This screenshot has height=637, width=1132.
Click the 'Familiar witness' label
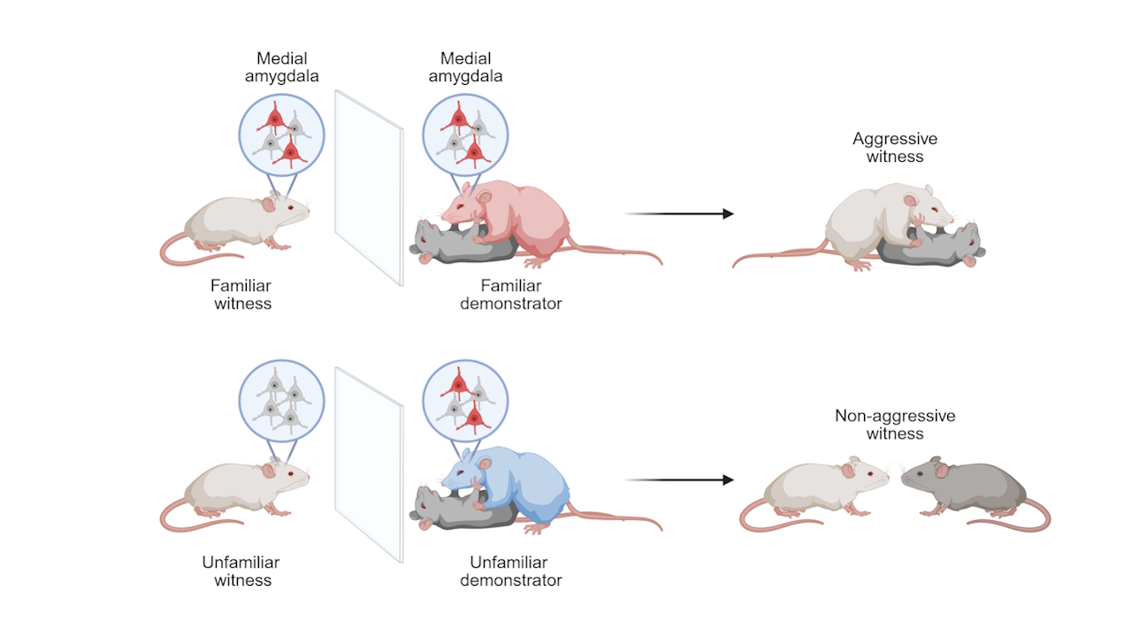click(x=241, y=295)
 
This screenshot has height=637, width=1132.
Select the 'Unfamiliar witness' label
click(x=241, y=572)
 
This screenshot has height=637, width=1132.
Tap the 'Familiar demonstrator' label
click(x=510, y=295)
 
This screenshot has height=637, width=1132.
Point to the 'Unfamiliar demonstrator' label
click(x=510, y=572)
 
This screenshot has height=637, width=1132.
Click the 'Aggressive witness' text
click(x=895, y=148)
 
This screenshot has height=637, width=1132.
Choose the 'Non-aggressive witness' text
click(x=895, y=425)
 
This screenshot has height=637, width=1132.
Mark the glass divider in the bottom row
click(x=369, y=464)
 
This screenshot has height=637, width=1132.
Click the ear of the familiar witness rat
click(x=268, y=204)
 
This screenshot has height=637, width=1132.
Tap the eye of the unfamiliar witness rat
click(x=292, y=474)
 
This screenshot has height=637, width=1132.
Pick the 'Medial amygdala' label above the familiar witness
click(x=281, y=67)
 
